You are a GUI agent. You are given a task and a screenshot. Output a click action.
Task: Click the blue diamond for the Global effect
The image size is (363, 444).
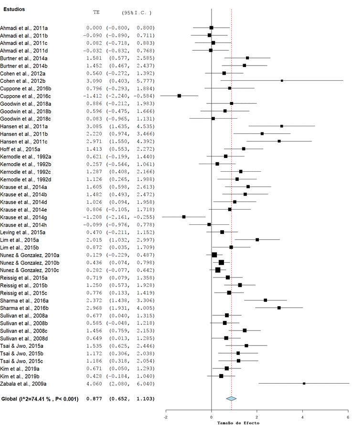pyautogui.click(x=231, y=398)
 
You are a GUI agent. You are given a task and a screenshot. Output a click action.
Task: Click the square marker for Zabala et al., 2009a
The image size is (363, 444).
pyautogui.click(x=304, y=383)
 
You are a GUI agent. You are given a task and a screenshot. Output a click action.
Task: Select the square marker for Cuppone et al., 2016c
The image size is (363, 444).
pyautogui.click(x=179, y=96)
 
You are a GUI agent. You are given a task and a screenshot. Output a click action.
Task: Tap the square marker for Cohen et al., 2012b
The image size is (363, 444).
pyautogui.click(x=282, y=80)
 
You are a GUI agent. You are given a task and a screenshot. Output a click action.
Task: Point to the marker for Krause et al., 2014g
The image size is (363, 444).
pyautogui.click(x=184, y=217)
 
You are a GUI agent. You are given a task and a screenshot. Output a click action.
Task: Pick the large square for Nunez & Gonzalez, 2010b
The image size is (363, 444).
pyautogui.click(x=221, y=262)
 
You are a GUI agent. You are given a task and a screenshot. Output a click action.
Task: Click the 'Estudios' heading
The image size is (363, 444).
pyautogui.click(x=14, y=9)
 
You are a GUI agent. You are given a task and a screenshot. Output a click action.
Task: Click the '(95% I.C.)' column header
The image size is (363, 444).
pyautogui.click(x=136, y=12)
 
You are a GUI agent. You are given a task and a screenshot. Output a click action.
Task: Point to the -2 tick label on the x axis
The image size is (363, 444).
pyautogui.click(x=166, y=417)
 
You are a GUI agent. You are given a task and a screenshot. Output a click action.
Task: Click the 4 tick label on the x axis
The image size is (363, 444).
pyautogui.click(x=302, y=417)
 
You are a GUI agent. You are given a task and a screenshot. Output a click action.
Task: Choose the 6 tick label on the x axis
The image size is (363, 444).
pyautogui.click(x=348, y=417)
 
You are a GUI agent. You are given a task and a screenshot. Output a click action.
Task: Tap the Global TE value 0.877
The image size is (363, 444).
pyautogui.click(x=94, y=399)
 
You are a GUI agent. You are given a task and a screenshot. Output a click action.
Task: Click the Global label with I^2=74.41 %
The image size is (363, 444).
pyautogui.click(x=40, y=399)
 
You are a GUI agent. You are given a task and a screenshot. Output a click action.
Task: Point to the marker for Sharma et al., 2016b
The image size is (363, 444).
pyautogui.click(x=279, y=308)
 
